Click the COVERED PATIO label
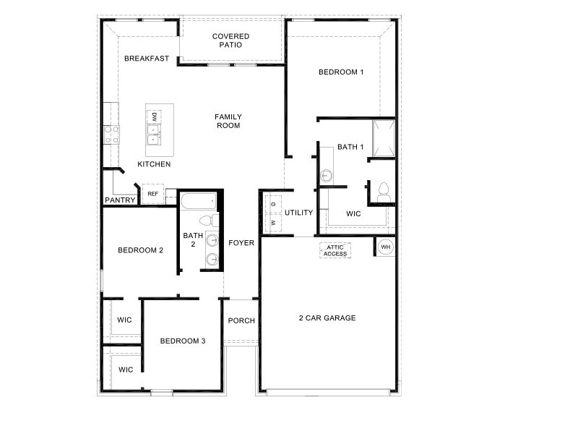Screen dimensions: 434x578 [x=230, y=41]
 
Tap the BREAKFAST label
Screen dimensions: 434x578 [x=147, y=59]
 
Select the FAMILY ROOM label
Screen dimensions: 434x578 [x=228, y=121]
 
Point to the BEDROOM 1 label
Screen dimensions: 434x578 [x=341, y=72]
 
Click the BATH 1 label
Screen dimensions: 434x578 [x=350, y=147]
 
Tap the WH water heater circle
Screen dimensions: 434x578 [x=385, y=247]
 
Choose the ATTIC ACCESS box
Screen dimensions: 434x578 [x=335, y=250]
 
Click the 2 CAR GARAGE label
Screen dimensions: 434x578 [x=328, y=318]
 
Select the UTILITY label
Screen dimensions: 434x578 [x=298, y=213]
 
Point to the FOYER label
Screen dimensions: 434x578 [x=241, y=243]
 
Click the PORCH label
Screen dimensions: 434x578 [x=241, y=321]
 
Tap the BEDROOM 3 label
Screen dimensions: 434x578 [x=183, y=341]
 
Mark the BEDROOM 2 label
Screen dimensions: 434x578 [x=140, y=250]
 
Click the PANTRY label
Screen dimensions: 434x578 [x=121, y=200]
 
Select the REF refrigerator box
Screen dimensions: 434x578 [x=152, y=194]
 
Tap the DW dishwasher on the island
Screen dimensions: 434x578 [x=155, y=116]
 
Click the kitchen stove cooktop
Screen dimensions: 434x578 [x=112, y=134]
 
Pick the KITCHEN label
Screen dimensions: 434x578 [x=154, y=164]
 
